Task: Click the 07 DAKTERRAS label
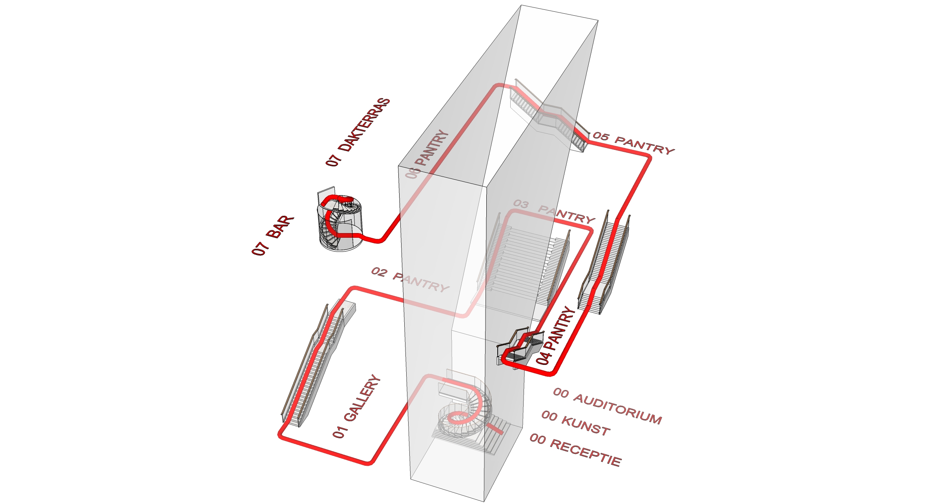click(x=358, y=132)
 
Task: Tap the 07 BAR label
click(x=273, y=235)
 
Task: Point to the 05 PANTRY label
click(x=633, y=143)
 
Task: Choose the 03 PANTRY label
click(x=554, y=212)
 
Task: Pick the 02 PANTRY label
click(x=410, y=279)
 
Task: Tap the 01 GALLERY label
click(x=356, y=406)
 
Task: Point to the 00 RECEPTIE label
click(x=575, y=450)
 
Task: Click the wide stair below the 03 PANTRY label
click(x=522, y=267)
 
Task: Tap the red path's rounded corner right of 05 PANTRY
click(x=648, y=158)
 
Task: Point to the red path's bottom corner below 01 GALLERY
click(x=370, y=462)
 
